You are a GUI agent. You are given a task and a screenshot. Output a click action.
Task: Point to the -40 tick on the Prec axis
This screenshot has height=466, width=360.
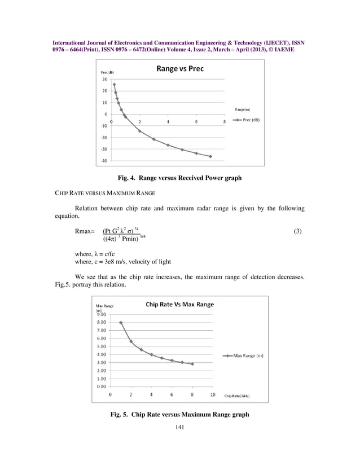104,161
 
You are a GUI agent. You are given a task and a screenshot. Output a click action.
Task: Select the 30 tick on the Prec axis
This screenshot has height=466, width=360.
104,79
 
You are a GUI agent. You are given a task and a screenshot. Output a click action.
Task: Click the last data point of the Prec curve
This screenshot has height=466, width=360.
210,156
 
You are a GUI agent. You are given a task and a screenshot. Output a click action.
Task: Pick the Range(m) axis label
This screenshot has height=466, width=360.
243,108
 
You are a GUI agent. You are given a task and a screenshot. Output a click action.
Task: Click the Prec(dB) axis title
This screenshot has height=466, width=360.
109,73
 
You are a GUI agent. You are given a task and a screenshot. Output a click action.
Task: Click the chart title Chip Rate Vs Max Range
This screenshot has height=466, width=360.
179,304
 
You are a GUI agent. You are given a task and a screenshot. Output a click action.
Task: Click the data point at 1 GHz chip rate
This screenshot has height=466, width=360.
121,323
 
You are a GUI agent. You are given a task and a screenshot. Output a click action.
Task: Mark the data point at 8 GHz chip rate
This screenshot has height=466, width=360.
192,364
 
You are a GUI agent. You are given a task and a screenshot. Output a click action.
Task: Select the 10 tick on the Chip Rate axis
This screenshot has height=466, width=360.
213,394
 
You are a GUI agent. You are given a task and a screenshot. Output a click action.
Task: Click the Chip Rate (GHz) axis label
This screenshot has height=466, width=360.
237,396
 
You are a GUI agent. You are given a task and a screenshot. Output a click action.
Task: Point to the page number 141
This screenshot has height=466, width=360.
180,427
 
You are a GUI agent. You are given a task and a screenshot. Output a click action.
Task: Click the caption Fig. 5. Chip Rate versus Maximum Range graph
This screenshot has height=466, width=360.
179,415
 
